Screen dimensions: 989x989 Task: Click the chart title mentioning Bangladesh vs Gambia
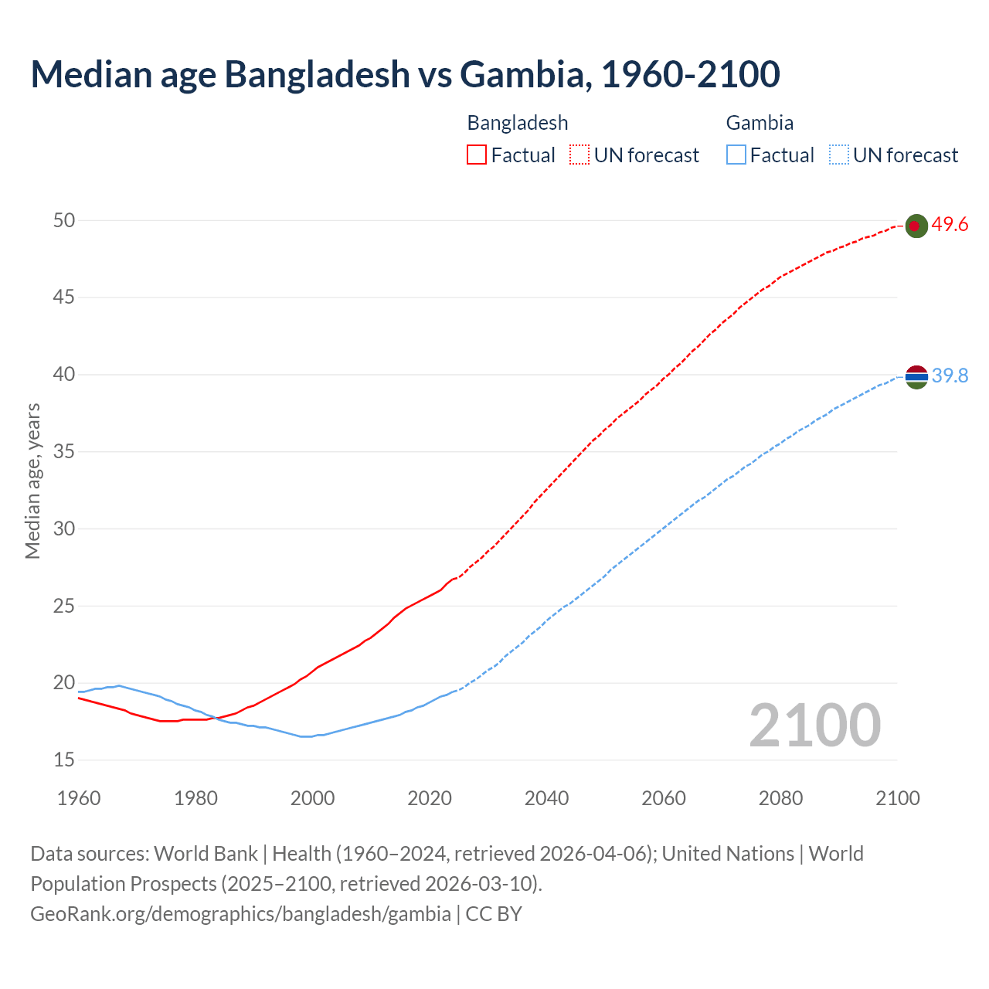click(x=405, y=74)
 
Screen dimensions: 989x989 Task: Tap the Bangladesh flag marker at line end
click(x=916, y=226)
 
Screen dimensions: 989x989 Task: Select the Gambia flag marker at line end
click(x=916, y=377)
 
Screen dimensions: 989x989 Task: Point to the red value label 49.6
click(x=950, y=225)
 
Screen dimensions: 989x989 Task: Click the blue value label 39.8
click(x=950, y=376)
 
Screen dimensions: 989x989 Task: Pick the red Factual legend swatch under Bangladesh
click(x=477, y=155)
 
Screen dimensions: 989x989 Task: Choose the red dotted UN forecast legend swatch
click(x=579, y=155)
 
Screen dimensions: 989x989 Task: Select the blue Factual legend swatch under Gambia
click(x=736, y=155)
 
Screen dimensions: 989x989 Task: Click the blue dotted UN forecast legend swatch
click(x=839, y=155)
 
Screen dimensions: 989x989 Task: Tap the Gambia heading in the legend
click(x=760, y=123)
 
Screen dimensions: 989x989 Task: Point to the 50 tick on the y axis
click(x=64, y=220)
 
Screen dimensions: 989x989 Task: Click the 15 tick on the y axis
click(x=64, y=760)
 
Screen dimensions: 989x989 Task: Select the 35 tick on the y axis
click(x=64, y=451)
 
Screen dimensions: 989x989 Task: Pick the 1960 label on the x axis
click(x=79, y=798)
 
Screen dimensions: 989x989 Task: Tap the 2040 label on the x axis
click(x=546, y=798)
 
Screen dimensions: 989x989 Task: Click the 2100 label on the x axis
click(x=898, y=798)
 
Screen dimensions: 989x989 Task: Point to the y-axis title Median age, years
click(x=32, y=481)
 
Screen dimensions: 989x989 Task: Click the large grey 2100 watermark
click(x=814, y=725)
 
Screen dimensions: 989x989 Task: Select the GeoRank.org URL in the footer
click(x=240, y=914)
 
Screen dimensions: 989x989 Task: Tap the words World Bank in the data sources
click(x=206, y=854)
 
